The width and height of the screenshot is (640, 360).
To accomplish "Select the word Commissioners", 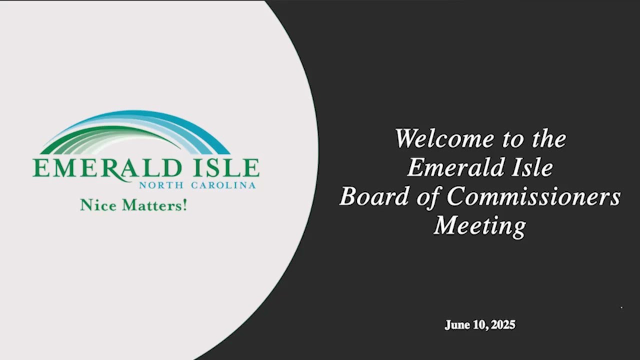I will tap(533, 196).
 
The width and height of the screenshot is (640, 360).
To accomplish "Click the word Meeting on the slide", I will tap(480, 225).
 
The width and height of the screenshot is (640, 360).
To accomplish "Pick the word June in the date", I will tap(457, 325).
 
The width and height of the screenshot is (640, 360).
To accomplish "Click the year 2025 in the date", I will tap(502, 325).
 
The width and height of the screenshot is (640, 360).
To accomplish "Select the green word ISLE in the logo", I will tap(227, 168).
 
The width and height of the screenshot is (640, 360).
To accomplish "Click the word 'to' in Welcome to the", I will tap(512, 139).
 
